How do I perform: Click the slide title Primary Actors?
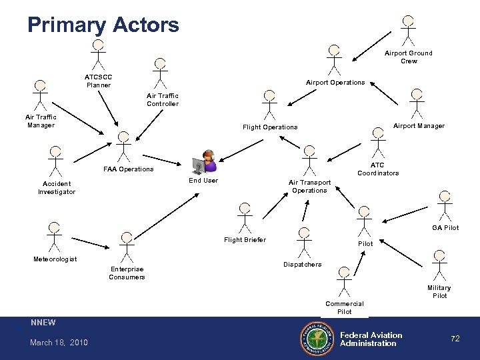(103, 25)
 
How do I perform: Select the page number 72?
(455, 339)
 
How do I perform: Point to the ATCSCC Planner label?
(98, 81)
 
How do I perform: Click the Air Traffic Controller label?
(163, 99)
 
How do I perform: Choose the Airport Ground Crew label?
(409, 57)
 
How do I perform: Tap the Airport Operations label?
(335, 83)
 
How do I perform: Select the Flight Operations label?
(270, 127)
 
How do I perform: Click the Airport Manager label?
(419, 125)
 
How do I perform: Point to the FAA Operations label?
(129, 169)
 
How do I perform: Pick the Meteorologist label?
(55, 259)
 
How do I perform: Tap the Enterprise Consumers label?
(127, 273)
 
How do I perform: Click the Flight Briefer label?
(245, 240)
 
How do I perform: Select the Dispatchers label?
(303, 264)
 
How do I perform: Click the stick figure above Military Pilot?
(439, 265)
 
